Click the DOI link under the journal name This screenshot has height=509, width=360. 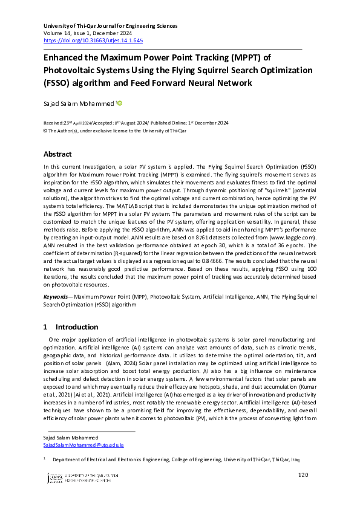(93, 41)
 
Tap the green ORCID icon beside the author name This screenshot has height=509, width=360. (120, 103)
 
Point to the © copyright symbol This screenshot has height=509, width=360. (45, 130)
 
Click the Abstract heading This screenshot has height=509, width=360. (57, 154)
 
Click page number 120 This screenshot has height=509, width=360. (304, 475)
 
